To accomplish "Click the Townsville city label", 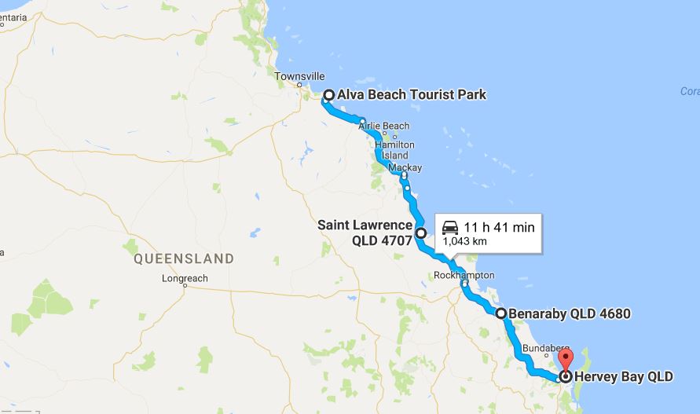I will pos(300,75).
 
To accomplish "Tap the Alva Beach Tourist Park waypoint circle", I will pos(329,95).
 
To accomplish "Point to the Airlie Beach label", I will pos(383,126).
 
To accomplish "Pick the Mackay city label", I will pos(405,168).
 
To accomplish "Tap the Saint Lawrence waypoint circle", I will pos(420,233).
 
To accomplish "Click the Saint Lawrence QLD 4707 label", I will pos(365,233).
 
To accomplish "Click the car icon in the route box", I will pos(450,227).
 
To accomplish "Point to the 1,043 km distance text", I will pos(464,242).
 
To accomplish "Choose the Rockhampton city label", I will pos(464,275).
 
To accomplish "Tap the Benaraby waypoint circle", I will pos(500,313).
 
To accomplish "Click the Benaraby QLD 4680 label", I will pos(570,313).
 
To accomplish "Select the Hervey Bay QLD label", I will pos(624,376).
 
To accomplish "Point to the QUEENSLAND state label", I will pos(184,258).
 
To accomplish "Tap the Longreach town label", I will pos(183,278).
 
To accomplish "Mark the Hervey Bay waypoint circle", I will pos(565,376).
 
